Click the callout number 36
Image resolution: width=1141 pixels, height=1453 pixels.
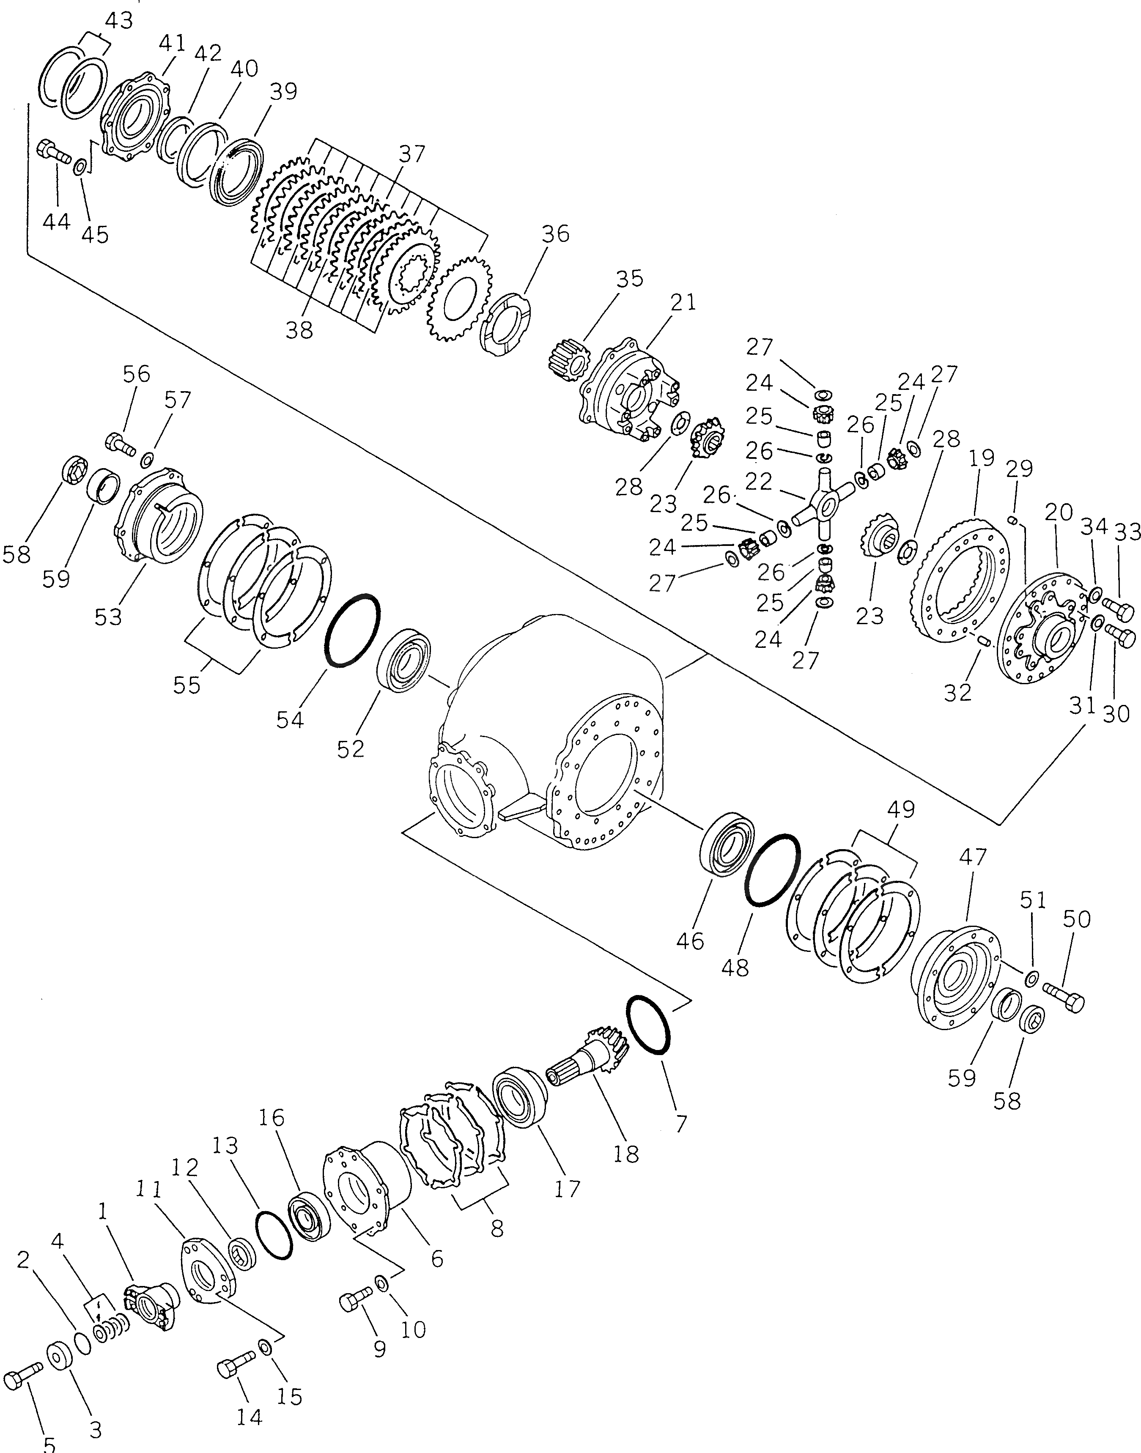pyautogui.click(x=555, y=234)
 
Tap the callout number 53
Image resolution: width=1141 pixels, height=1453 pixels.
pyautogui.click(x=108, y=616)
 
